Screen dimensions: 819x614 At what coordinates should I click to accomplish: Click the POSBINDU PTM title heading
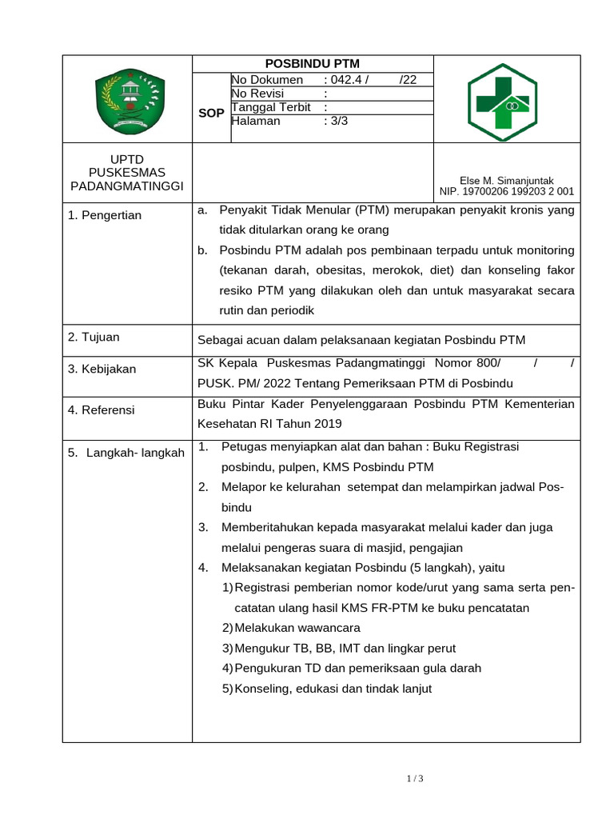click(312, 64)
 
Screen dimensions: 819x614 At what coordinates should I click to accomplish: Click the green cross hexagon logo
click(503, 102)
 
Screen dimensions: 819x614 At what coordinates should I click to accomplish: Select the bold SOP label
click(211, 114)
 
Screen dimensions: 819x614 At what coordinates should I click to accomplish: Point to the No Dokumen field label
click(267, 79)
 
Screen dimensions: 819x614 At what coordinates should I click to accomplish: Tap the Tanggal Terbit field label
click(273, 107)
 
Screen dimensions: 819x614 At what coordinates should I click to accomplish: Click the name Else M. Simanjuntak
click(506, 181)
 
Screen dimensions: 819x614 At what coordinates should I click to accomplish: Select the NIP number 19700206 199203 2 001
click(520, 192)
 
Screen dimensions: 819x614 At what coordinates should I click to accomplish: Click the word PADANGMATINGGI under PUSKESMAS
click(127, 186)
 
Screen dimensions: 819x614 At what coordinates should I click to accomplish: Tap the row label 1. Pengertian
click(105, 215)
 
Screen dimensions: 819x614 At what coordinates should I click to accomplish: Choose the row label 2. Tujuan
click(94, 338)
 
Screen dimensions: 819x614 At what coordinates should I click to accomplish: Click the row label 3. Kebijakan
click(102, 369)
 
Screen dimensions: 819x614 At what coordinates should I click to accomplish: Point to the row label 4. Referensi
click(102, 410)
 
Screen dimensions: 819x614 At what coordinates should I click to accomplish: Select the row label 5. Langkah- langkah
click(126, 453)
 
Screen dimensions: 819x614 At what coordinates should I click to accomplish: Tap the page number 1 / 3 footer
click(414, 779)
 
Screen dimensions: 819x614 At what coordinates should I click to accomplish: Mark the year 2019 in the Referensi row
click(328, 423)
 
